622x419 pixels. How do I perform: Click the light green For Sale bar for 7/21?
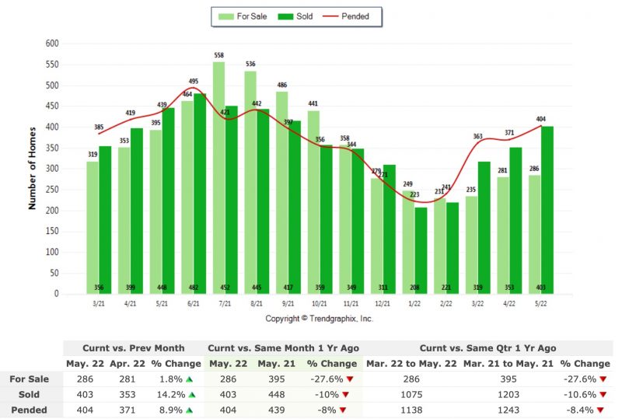(x=218, y=179)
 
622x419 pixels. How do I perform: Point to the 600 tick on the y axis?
(x=53, y=44)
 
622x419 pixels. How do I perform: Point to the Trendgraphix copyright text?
(x=319, y=319)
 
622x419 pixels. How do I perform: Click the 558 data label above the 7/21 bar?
(x=218, y=55)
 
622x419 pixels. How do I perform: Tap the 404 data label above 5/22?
(x=541, y=119)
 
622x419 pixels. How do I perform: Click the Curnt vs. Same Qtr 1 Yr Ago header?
(x=487, y=348)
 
